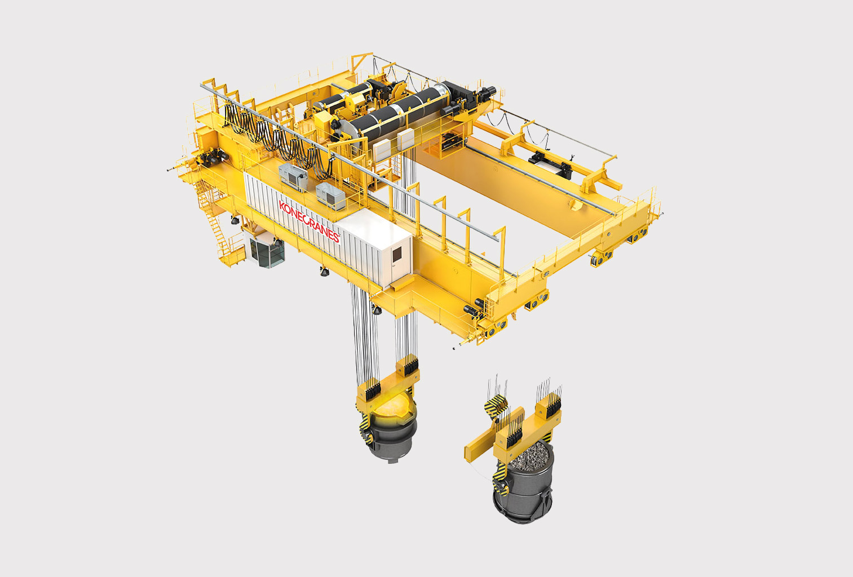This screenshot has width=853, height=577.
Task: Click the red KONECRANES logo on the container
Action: click(309, 221)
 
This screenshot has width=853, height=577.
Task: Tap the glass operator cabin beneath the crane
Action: click(267, 251)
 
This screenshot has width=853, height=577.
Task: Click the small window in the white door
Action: click(396, 254)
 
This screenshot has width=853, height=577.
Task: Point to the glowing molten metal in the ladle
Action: click(392, 406)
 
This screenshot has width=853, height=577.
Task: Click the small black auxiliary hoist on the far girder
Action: click(551, 163)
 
